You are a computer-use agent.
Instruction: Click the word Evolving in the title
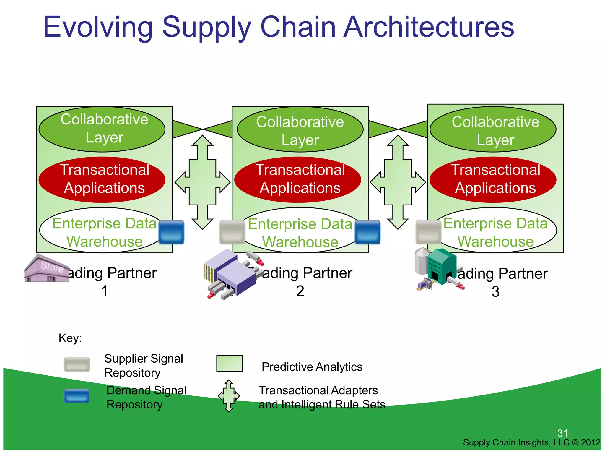tap(97, 27)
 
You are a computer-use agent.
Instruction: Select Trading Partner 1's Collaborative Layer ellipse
tap(102, 129)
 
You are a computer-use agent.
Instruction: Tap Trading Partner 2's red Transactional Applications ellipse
tap(298, 179)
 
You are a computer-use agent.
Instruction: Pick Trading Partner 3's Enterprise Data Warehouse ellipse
tap(495, 231)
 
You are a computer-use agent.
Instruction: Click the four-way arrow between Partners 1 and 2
tap(202, 182)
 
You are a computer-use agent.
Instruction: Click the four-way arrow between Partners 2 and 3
tap(398, 182)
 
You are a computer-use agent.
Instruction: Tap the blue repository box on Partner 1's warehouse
tap(171, 232)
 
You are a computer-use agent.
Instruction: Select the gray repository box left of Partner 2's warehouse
tap(232, 232)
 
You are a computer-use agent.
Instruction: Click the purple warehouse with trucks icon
tap(232, 273)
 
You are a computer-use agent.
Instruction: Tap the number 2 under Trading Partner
tap(300, 291)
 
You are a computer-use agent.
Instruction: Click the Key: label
tap(70, 338)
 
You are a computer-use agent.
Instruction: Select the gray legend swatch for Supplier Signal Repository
tap(77, 364)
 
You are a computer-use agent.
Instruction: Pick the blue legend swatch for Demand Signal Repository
tap(77, 396)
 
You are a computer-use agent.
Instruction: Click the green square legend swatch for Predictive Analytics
tap(230, 363)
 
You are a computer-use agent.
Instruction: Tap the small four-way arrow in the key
tap(229, 396)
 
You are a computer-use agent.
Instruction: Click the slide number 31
tap(562, 433)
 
